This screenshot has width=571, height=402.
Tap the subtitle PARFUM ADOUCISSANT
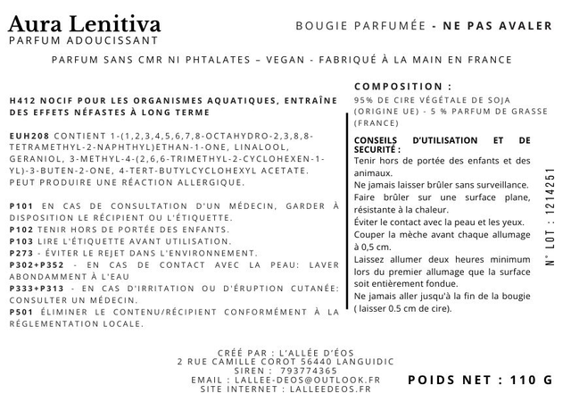pyautogui.click(x=83, y=40)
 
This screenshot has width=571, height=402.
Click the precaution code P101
pyautogui.click(x=21, y=206)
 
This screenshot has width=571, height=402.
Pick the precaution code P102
pyautogui.click(x=21, y=230)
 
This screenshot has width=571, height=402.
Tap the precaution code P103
pyautogui.click(x=21, y=241)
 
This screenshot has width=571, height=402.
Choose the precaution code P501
pyautogui.click(x=21, y=312)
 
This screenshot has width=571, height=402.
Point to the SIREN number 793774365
pyautogui.click(x=309, y=370)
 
